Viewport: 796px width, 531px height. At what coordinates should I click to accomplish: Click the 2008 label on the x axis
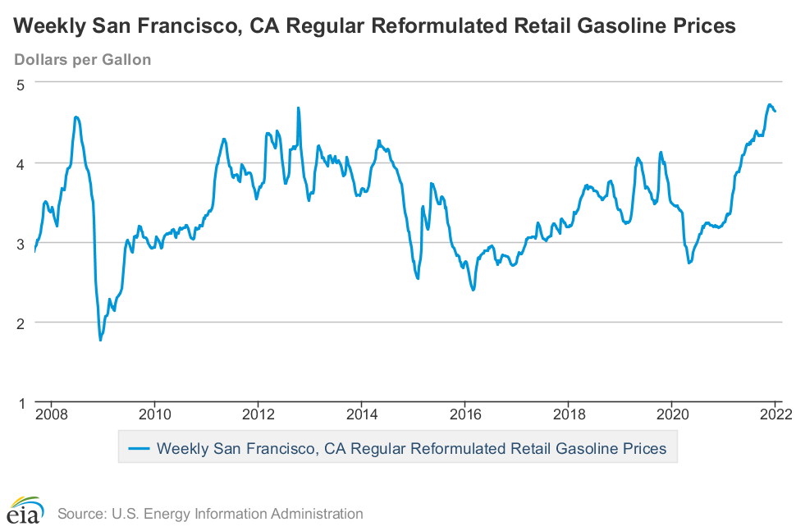pos(51,414)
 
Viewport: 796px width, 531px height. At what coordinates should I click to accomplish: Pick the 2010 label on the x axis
pos(154,414)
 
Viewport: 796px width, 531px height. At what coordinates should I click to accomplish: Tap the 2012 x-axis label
pos(258,414)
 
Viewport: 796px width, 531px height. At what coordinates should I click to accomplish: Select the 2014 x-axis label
pos(361,414)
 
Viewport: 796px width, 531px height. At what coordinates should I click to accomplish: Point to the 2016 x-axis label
pos(464,414)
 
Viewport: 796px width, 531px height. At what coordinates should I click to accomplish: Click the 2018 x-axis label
pos(568,414)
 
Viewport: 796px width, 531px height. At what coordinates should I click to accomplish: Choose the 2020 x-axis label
pos(671,414)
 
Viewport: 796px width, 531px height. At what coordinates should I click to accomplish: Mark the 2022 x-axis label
pos(775,414)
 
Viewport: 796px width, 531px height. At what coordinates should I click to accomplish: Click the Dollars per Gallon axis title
pos(82,59)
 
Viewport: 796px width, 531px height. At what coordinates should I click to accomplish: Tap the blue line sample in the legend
pos(138,448)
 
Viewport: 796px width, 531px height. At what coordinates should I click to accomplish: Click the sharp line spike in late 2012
pos(298,108)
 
